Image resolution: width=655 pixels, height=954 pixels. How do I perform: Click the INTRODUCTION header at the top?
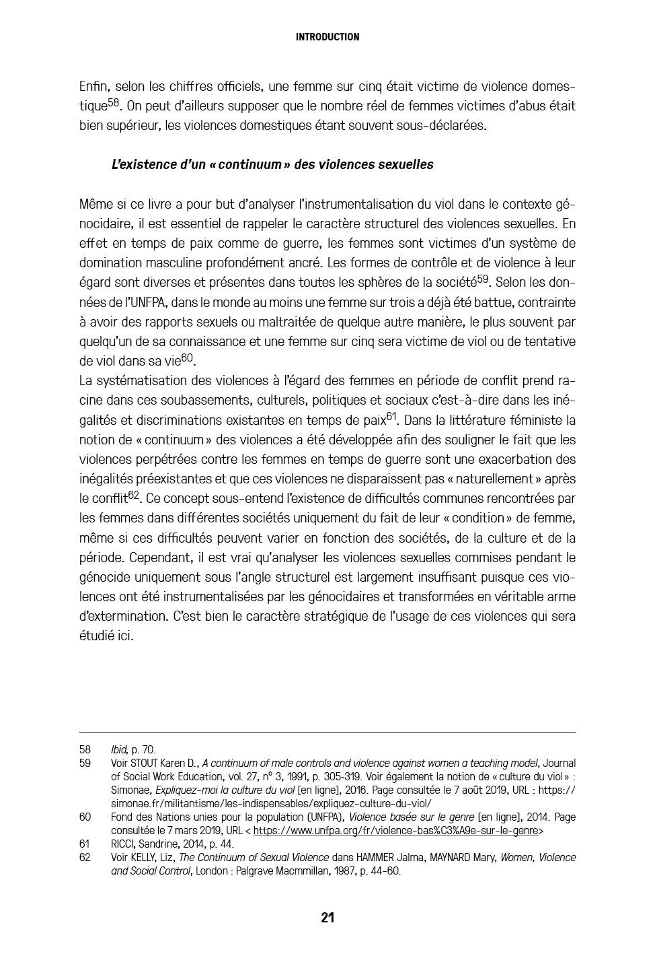(327, 37)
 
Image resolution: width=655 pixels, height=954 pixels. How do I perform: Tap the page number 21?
(327, 918)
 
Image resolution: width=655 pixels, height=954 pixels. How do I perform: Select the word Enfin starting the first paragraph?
(93, 86)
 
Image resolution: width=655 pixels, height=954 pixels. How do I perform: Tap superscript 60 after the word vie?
(187, 357)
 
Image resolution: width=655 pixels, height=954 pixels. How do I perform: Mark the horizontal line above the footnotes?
(327, 732)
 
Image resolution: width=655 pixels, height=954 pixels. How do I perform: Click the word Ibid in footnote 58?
(119, 749)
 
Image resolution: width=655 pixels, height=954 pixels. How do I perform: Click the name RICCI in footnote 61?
(124, 844)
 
